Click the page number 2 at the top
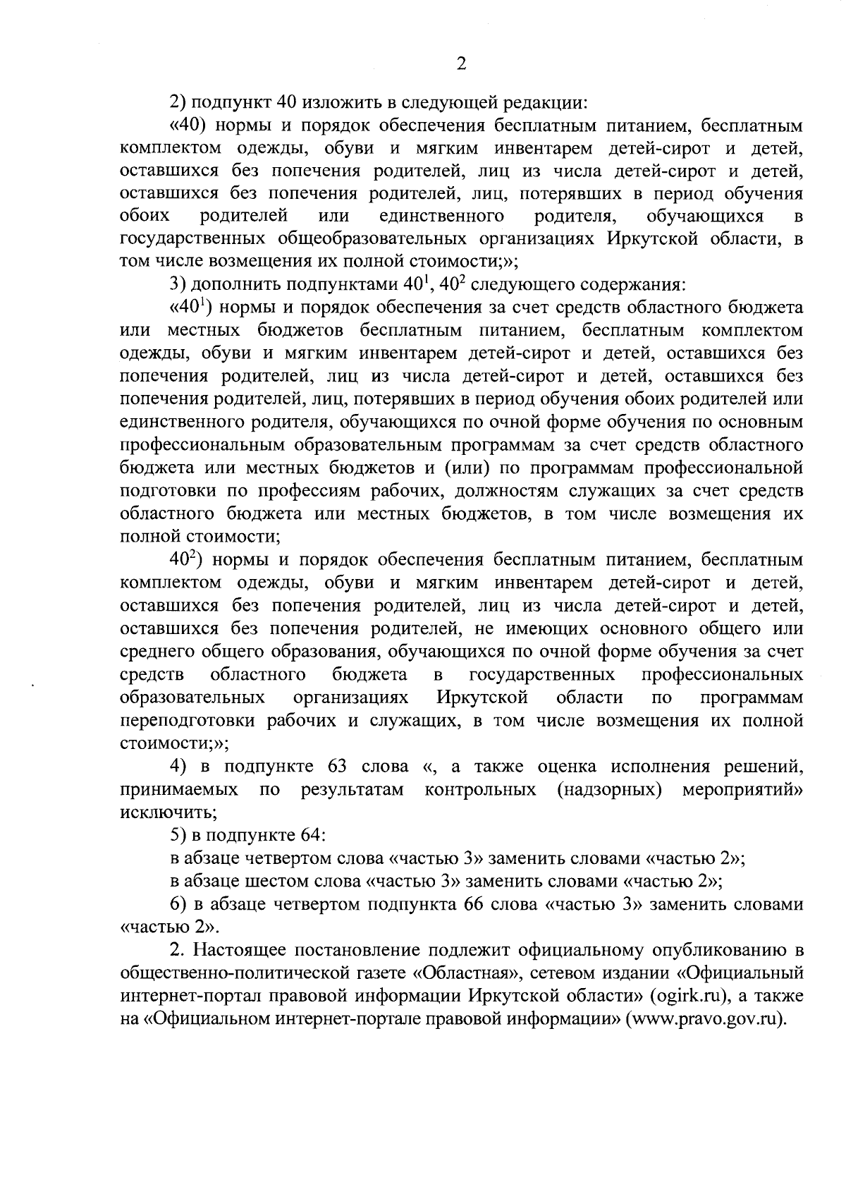tap(460, 64)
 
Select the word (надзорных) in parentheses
tap(608, 789)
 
